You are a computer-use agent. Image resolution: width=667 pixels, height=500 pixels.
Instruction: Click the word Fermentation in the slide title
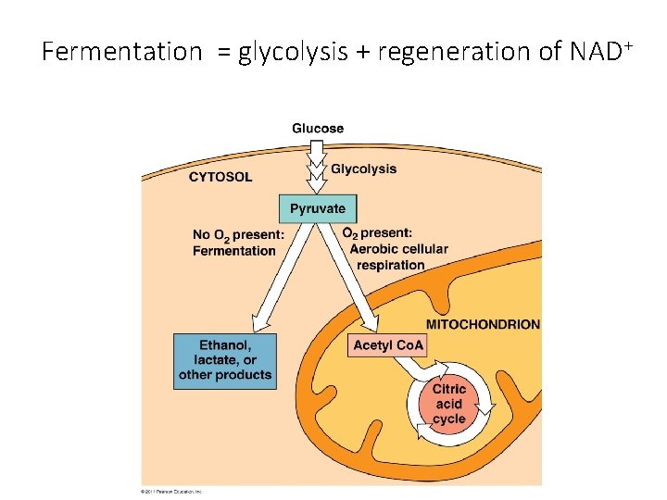coord(121,52)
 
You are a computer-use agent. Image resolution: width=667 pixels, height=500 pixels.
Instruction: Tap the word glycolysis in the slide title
coord(291,52)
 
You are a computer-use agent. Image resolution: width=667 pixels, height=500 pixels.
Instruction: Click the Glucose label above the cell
coord(318,128)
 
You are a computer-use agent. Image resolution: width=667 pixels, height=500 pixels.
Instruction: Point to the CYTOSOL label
coord(220,177)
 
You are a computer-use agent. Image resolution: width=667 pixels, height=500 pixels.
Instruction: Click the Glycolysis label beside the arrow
coord(363,169)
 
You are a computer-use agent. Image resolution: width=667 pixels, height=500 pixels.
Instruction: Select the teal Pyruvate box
coord(317,208)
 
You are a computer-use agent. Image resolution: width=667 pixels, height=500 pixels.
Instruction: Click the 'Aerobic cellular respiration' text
coord(399,256)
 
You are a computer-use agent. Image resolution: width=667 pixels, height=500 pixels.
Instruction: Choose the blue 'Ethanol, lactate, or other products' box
coord(225,360)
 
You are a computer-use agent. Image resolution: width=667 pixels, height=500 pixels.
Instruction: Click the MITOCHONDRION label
coord(482,324)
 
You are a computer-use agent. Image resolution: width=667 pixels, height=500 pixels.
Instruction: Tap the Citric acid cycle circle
coord(449,405)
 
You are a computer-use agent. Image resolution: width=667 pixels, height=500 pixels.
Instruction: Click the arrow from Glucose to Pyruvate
coord(317,167)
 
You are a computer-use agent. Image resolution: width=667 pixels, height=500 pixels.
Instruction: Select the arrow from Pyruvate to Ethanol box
coord(278,278)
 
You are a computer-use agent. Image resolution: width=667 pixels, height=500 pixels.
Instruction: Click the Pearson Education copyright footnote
coord(170,491)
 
